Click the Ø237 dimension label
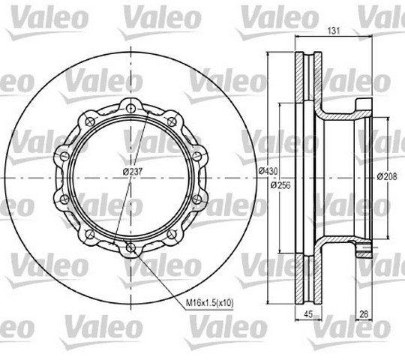click(x=133, y=172)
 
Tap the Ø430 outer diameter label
click(x=268, y=171)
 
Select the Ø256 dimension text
click(x=280, y=185)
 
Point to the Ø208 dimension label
click(x=387, y=177)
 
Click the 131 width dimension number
click(x=334, y=31)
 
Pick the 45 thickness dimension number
click(x=308, y=314)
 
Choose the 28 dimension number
click(x=364, y=314)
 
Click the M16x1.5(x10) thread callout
click(x=209, y=302)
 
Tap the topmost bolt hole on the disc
click(x=131, y=108)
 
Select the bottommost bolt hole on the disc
click(x=131, y=248)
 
